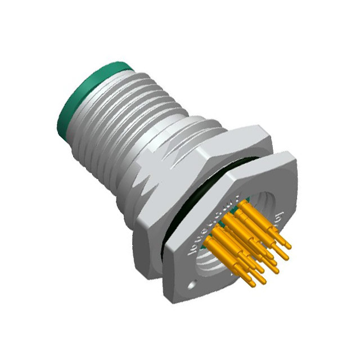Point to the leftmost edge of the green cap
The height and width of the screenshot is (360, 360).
[57, 115]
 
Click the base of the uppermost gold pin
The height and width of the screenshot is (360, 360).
[240, 207]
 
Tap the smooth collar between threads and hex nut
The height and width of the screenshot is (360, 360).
[186, 135]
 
